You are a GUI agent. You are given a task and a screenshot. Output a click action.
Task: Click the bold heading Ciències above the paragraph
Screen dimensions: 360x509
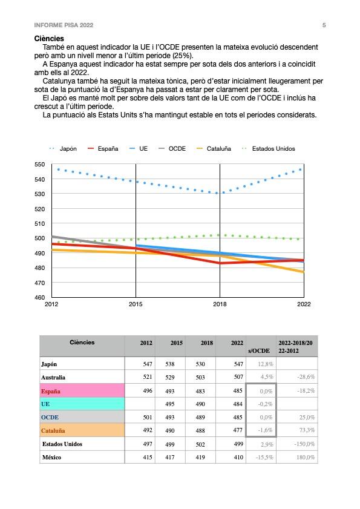[49, 39]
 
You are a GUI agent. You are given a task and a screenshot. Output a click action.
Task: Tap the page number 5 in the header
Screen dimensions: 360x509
[324, 25]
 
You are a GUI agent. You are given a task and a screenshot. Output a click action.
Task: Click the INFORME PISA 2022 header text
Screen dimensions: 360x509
[64, 25]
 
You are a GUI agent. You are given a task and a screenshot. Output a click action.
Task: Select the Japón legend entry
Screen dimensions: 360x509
[63, 149]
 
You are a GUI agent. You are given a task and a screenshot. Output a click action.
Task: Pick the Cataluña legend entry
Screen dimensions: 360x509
[214, 149]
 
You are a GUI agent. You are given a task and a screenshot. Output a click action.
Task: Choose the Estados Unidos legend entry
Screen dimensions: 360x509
[269, 149]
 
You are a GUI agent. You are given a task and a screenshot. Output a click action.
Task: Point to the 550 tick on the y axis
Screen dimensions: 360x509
[39, 164]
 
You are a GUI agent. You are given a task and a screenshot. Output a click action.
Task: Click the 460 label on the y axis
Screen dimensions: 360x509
[39, 297]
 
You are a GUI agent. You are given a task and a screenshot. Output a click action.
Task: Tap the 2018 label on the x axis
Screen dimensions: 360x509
[220, 304]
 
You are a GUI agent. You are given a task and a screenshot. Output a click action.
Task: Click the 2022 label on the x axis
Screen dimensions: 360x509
[304, 304]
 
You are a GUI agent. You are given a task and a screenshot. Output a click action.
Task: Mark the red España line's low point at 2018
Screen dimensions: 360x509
[220, 263]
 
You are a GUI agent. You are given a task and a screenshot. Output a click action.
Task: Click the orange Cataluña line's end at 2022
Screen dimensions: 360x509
[304, 272]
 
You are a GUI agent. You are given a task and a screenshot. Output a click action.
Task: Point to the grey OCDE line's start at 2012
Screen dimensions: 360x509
[52, 237]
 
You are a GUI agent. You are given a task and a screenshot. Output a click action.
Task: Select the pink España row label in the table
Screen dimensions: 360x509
[51, 391]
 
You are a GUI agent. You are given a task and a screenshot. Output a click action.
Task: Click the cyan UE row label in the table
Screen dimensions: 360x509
[45, 404]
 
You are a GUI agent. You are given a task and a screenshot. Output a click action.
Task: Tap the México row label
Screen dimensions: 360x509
[51, 458]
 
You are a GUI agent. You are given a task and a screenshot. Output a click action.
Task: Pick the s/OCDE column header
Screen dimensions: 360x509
[259, 350]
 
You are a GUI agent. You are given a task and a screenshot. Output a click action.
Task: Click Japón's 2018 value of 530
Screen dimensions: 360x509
[200, 364]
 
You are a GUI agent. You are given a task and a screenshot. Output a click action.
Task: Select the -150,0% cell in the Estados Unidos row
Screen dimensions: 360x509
[304, 444]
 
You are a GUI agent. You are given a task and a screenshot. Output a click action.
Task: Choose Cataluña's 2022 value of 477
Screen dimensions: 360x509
[238, 430]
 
